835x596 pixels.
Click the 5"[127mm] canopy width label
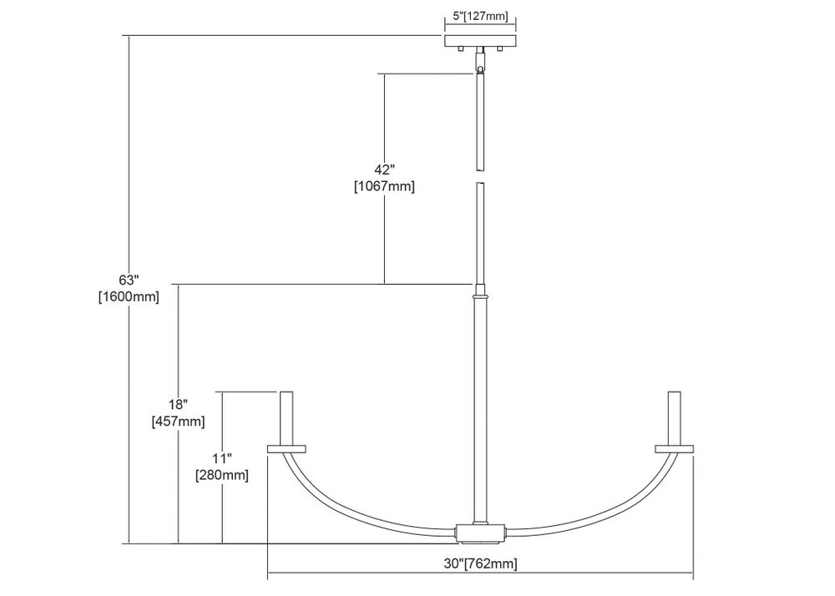click(480, 17)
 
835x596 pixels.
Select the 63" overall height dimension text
click(129, 280)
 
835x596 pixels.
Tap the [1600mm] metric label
click(129, 297)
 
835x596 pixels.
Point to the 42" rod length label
click(384, 169)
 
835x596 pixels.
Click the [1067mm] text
click(384, 186)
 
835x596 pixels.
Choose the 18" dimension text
click(179, 404)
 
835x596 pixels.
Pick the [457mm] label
click(179, 422)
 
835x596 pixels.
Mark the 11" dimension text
click(222, 458)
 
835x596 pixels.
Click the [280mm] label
click(222, 475)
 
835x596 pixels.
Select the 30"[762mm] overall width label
click(480, 563)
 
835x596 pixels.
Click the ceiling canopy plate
click(481, 41)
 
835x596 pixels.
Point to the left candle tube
click(286, 417)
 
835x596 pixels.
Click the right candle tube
click(674, 417)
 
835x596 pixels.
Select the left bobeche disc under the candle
click(286, 448)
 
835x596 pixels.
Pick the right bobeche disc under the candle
click(674, 448)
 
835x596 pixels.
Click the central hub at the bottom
click(480, 533)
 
